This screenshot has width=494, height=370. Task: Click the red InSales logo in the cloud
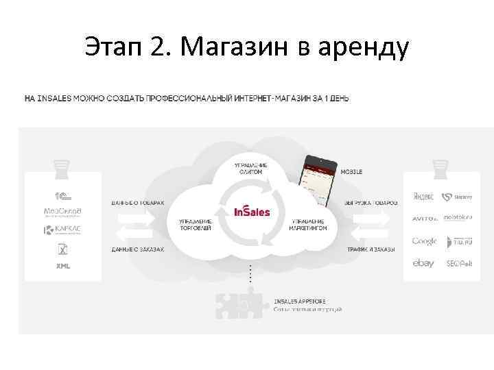(x=252, y=211)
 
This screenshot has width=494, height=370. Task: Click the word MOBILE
(x=351, y=171)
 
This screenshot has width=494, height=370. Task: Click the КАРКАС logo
(x=62, y=230)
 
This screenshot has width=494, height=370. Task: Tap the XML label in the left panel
(x=62, y=266)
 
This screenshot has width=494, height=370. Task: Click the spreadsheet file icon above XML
(x=62, y=249)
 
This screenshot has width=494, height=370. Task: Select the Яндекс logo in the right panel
(x=423, y=197)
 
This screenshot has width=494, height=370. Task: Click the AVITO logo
(x=424, y=219)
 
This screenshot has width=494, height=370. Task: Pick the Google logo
(x=424, y=241)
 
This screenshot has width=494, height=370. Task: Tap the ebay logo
(x=423, y=263)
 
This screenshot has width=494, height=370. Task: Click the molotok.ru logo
(x=458, y=218)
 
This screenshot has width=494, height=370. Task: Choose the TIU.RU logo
(x=458, y=241)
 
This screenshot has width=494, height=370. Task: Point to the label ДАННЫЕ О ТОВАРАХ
(x=138, y=203)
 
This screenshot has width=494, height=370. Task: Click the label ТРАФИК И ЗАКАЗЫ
(x=370, y=249)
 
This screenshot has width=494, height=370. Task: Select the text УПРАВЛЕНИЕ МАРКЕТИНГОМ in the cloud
(x=309, y=225)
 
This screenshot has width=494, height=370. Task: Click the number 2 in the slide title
(x=158, y=47)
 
